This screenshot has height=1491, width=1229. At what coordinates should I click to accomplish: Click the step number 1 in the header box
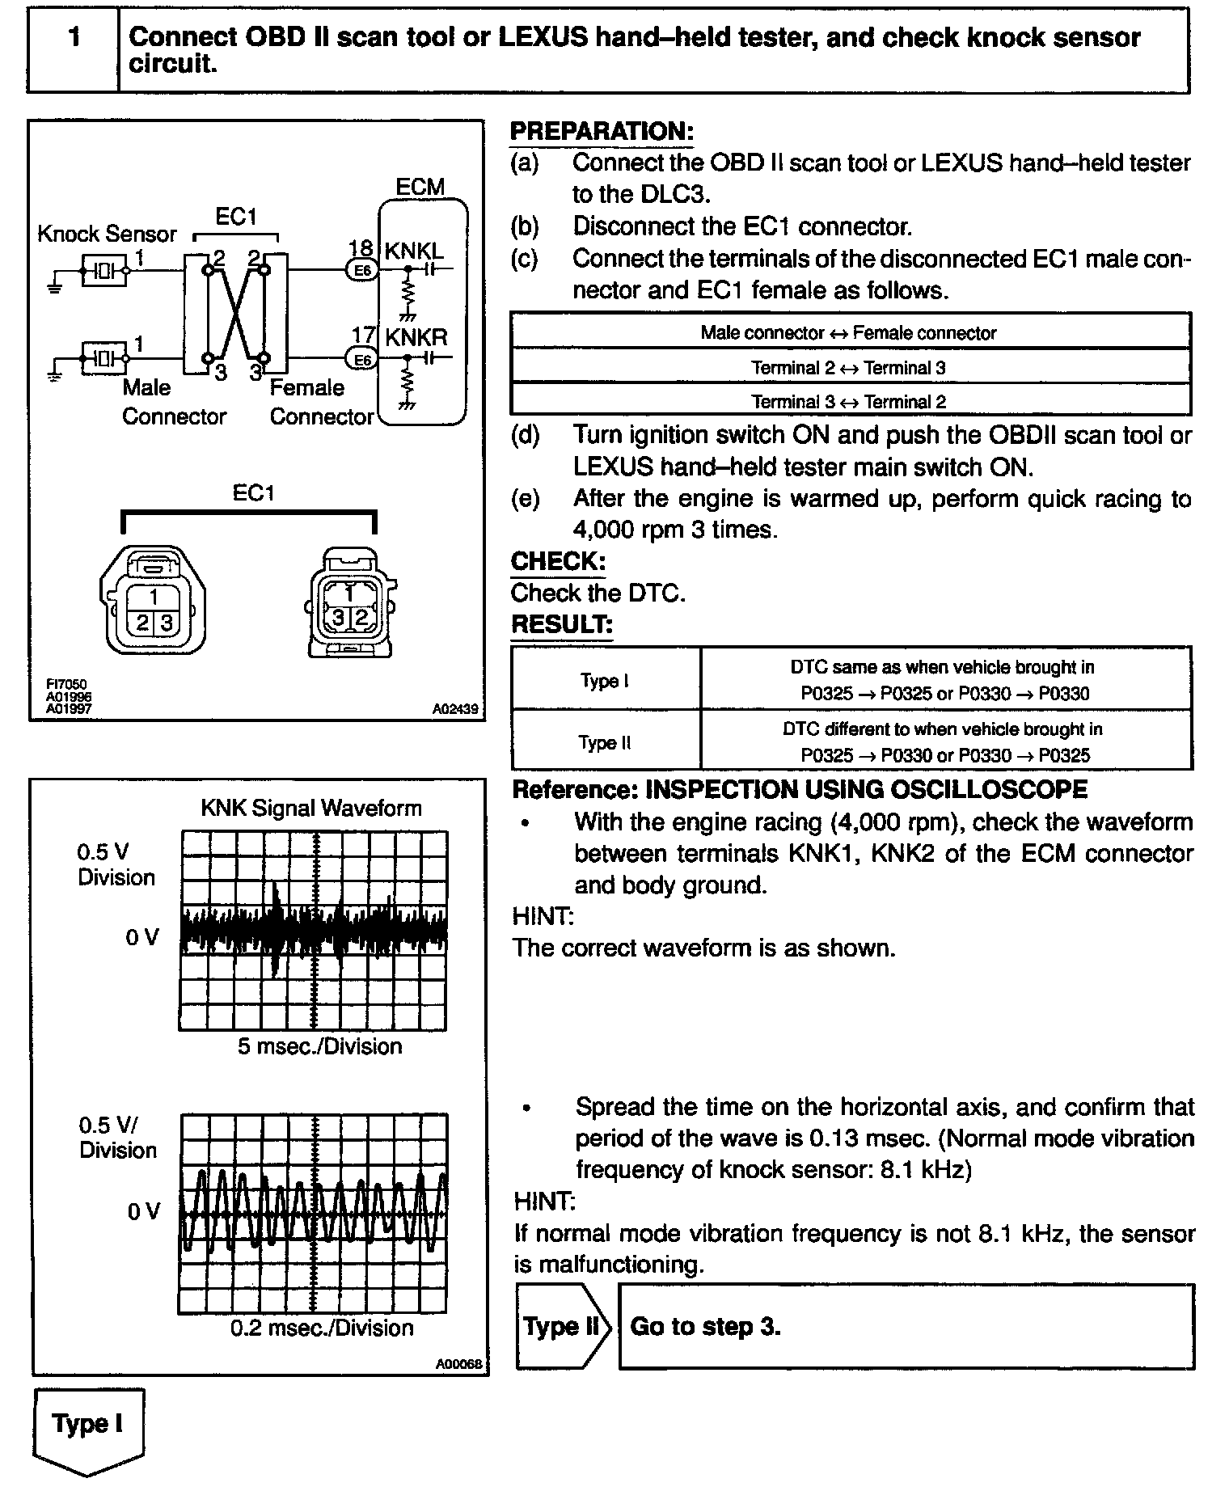74,37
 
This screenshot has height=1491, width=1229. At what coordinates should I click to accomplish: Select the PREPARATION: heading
602,132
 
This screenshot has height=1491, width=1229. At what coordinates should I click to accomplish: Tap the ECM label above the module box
420,187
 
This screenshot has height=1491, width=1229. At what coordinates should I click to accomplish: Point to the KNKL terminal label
414,251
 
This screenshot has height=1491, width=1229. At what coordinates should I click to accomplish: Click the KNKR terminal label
416,336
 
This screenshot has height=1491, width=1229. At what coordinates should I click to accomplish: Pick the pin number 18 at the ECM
361,248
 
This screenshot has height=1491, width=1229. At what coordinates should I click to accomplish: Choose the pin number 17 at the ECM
363,336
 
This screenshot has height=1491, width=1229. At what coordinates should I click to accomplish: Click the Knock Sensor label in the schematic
107,234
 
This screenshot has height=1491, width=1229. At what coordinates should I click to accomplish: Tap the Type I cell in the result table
605,681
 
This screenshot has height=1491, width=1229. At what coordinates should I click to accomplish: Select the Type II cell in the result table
605,742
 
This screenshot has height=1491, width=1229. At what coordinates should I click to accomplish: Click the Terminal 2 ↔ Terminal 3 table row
848,368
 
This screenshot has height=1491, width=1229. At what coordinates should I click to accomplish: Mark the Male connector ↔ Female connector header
848,333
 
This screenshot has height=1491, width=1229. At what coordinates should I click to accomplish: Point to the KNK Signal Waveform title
311,808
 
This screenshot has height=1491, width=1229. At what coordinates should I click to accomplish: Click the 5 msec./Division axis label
319,1046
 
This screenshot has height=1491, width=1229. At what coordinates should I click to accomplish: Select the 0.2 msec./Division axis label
322,1328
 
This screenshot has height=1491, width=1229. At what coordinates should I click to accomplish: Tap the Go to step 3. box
906,1327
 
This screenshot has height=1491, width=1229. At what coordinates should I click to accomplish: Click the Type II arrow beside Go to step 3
561,1327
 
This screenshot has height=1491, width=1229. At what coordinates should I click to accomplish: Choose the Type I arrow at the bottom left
87,1425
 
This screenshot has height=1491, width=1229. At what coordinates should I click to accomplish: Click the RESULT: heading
562,624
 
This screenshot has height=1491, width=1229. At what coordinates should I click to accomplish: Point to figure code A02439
454,710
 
